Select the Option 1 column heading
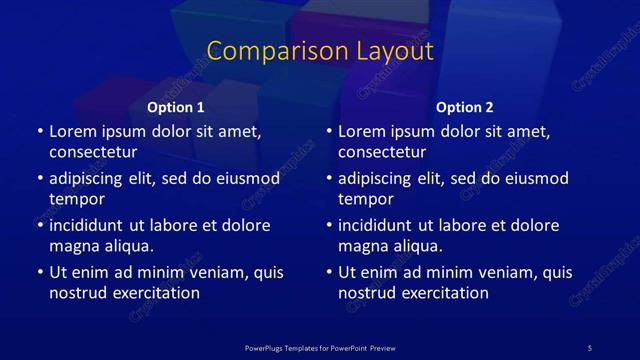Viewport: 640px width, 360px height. click(176, 107)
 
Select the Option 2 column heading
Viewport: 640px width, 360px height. click(465, 107)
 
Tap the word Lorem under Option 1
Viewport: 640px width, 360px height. click(72, 130)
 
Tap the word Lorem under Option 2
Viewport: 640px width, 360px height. click(361, 130)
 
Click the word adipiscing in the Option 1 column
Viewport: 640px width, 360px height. click(90, 179)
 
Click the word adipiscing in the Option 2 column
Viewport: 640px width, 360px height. click(379, 179)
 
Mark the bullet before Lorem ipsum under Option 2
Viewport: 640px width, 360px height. click(328, 131)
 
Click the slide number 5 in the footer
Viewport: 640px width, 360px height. click(590, 347)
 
